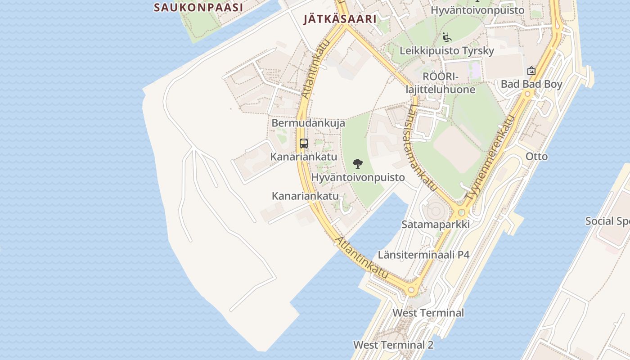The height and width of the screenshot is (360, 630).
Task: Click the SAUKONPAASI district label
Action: [x=198, y=7]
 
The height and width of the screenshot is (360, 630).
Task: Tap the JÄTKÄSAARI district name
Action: [x=339, y=19]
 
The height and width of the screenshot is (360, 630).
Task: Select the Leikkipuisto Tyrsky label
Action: [x=447, y=50]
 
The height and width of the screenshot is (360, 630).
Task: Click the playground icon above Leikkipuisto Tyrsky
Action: [x=446, y=37]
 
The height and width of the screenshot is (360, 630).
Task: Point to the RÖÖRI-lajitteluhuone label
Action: [x=440, y=83]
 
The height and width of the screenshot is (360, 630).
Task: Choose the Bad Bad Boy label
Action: [x=531, y=84]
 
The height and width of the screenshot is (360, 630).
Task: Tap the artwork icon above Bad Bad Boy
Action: [x=531, y=71]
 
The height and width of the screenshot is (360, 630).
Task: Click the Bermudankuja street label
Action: [x=308, y=123]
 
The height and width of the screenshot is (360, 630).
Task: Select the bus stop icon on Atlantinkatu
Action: [x=304, y=144]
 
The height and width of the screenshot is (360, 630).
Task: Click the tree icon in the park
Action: [x=358, y=163]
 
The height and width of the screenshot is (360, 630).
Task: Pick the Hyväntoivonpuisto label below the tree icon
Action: [x=358, y=177]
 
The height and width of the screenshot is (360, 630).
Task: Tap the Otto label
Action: [x=537, y=157]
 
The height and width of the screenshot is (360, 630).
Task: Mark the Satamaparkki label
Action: [x=436, y=224]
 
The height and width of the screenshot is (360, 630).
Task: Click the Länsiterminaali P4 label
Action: [x=423, y=255]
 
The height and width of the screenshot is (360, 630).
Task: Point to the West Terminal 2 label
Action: [x=393, y=345]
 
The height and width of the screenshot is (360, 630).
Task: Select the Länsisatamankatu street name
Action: [x=423, y=148]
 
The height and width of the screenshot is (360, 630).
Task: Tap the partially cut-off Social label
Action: [x=607, y=221]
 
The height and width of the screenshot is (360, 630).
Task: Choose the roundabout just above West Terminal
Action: [x=411, y=290]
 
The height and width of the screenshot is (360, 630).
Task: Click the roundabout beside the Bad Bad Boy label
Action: [x=528, y=94]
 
